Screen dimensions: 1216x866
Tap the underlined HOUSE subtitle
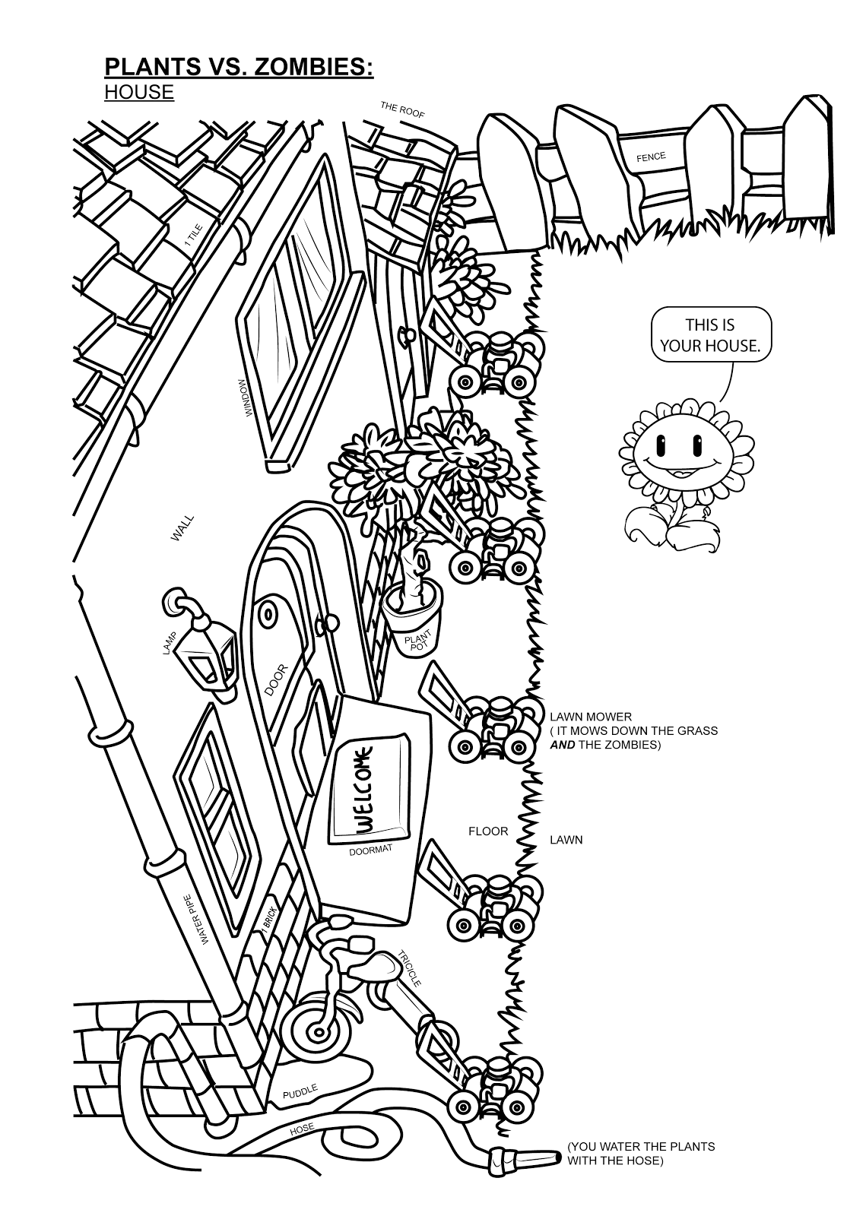(139, 92)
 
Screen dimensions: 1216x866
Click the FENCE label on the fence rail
(651, 157)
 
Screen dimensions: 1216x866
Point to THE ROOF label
(402, 109)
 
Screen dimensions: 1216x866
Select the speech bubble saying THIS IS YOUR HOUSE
(710, 334)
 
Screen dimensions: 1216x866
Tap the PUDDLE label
(300, 1093)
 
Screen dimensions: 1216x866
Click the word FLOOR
(488, 831)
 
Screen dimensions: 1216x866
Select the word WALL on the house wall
(182, 527)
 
